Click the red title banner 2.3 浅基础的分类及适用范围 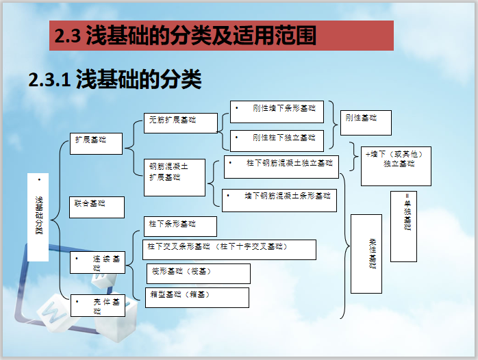click(221, 36)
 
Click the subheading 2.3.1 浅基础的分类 click(115, 79)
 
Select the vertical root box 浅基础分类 click(38, 217)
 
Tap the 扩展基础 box click(97, 143)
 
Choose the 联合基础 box click(97, 207)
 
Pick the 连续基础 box click(97, 263)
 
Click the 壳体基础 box click(97, 305)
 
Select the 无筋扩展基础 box click(180, 123)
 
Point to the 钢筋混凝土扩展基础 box click(174, 177)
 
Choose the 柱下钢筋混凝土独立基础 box click(281, 166)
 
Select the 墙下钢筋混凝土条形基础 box click(279, 200)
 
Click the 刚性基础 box click(366, 123)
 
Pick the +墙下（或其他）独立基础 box click(396, 164)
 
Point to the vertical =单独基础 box click(403, 226)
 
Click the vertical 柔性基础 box click(366, 254)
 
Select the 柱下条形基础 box click(179, 227)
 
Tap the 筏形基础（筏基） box click(198, 274)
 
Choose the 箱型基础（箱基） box click(197, 297)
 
